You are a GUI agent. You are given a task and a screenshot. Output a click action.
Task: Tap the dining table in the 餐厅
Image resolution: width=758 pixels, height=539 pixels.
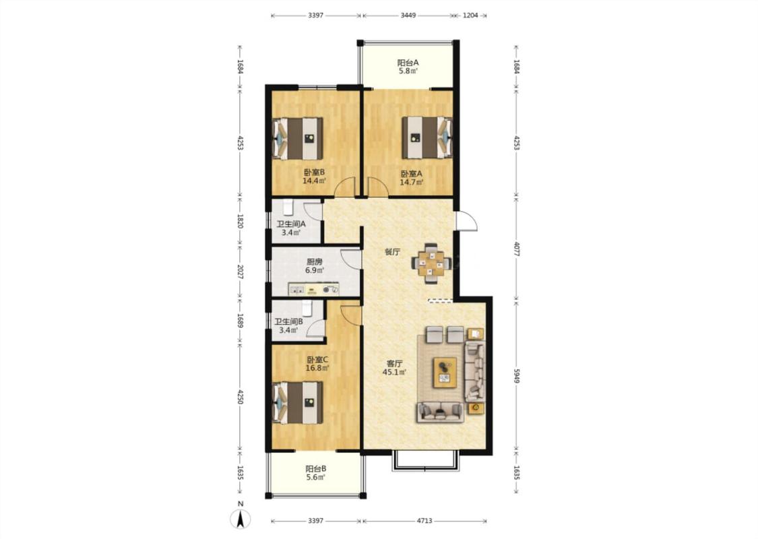[x=431, y=263]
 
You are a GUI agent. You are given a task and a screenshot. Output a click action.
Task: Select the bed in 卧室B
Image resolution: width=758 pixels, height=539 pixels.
[x=298, y=138]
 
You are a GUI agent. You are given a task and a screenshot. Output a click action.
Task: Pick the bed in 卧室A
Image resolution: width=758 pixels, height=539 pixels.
[x=427, y=137]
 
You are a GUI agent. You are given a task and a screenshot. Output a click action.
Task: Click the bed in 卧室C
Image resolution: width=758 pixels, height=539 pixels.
[x=298, y=402]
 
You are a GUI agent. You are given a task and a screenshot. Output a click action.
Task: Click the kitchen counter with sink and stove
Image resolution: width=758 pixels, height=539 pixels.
[x=314, y=289]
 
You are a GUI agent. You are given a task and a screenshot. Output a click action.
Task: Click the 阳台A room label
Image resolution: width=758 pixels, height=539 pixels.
[x=408, y=63]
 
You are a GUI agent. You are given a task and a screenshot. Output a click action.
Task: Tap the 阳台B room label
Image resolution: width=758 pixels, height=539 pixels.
[x=316, y=468]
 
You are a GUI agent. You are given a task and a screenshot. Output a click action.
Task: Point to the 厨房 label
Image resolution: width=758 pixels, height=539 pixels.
[x=314, y=261]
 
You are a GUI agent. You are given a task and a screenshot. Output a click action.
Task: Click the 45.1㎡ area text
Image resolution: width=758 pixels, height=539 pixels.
[x=394, y=372]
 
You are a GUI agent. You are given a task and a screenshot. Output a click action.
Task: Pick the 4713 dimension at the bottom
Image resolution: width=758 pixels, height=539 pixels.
[x=424, y=521]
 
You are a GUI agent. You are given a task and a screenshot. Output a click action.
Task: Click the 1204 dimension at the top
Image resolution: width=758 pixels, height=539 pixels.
[x=470, y=15]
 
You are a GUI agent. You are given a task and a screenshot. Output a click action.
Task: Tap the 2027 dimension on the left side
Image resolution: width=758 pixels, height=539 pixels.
[x=241, y=272]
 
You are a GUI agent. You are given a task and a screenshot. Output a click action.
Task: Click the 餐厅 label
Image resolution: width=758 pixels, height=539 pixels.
[x=393, y=252]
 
